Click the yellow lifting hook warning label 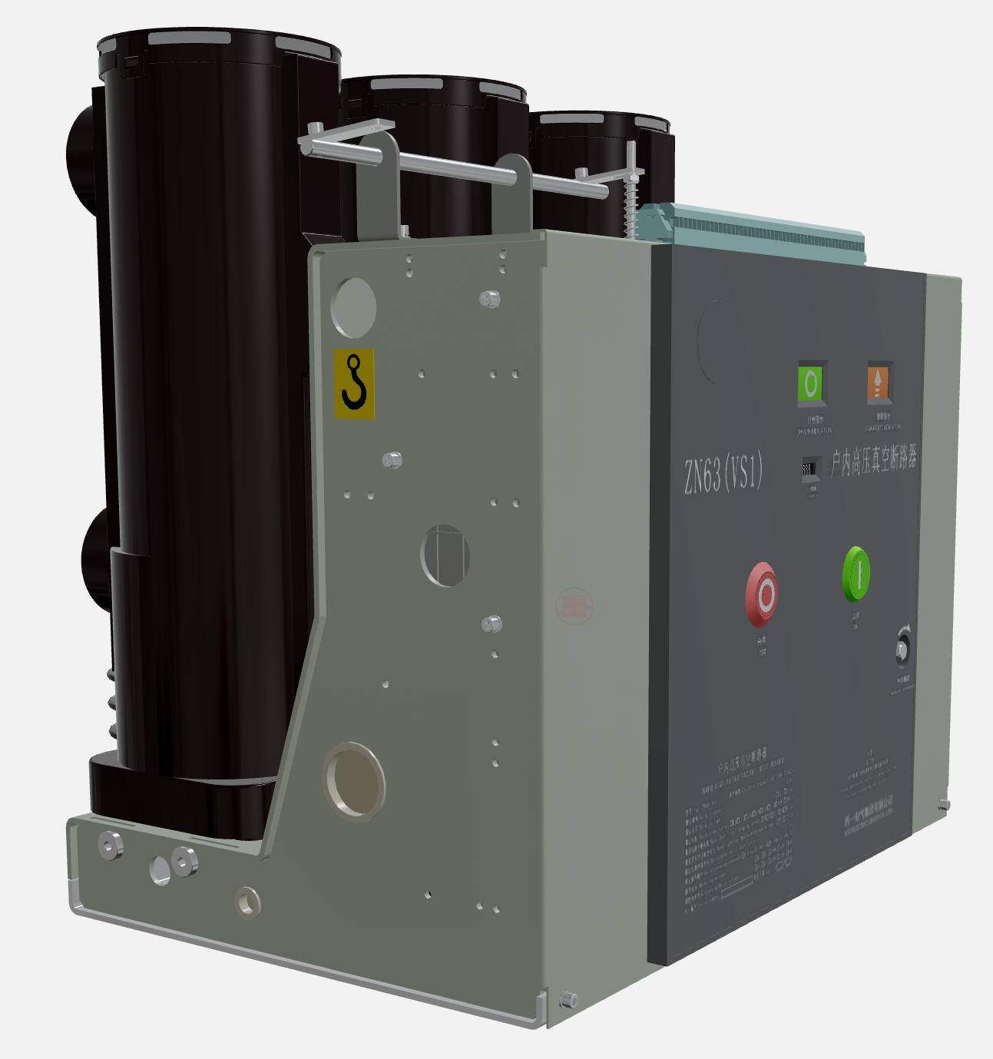354,383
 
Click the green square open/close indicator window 810,382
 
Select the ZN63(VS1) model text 723,473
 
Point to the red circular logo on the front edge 574,606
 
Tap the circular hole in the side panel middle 445,555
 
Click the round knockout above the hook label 353,307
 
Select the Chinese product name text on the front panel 874,461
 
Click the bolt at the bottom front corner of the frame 569,999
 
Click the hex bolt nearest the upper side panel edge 489,299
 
